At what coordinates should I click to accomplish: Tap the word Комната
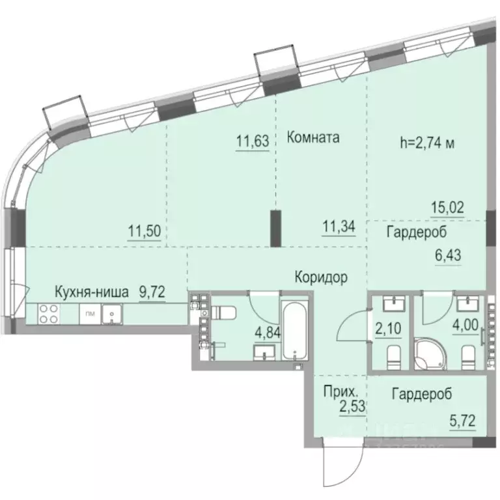[314, 138]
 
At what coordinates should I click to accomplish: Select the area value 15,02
[448, 208]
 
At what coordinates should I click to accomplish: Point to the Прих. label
[339, 393]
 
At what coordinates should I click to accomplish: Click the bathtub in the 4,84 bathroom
[296, 331]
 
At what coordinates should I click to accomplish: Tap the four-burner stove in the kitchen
[48, 314]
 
